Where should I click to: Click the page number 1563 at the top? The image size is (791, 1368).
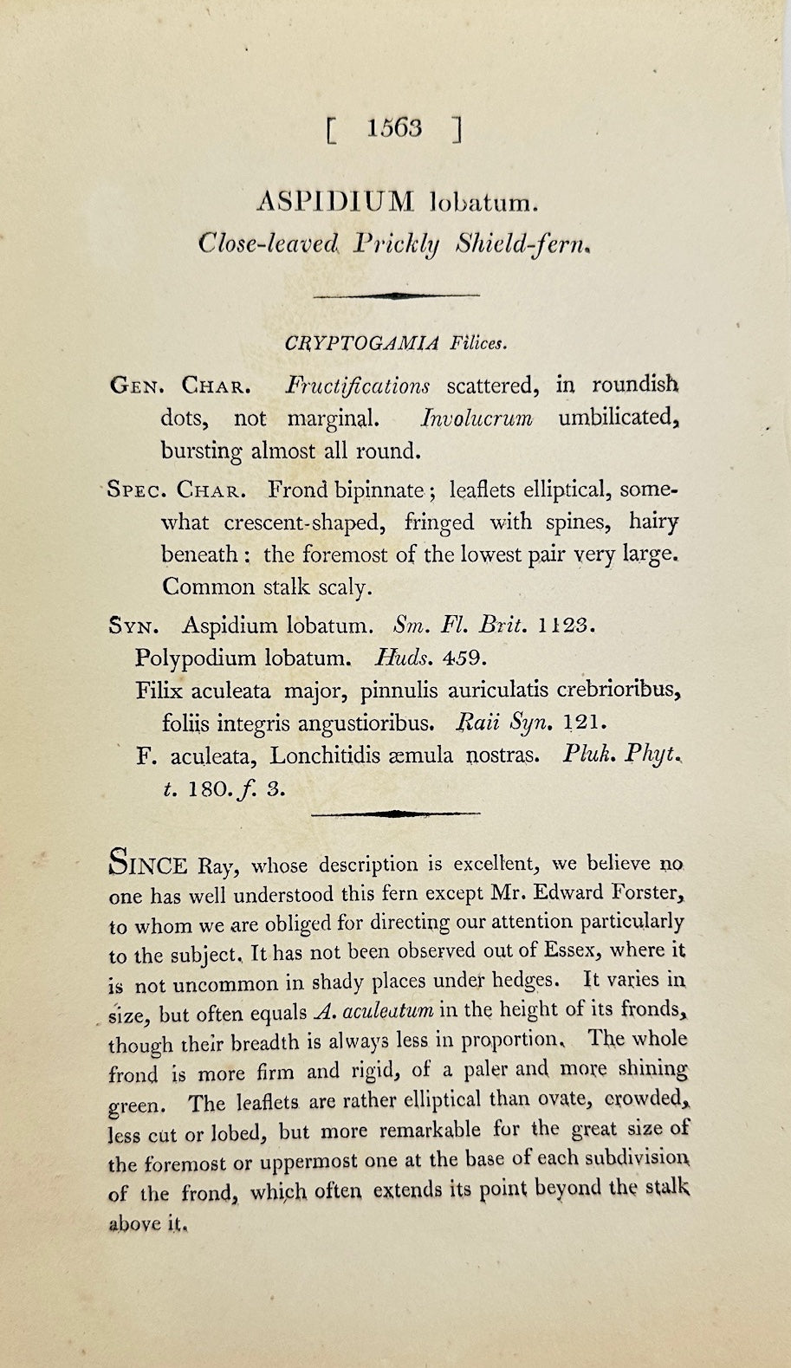(x=394, y=128)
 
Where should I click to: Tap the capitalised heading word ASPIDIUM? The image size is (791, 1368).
(x=336, y=203)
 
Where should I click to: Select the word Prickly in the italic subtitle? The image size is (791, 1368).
(x=397, y=245)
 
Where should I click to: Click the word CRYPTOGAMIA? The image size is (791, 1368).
(x=363, y=342)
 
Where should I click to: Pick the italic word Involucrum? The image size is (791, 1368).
(x=476, y=418)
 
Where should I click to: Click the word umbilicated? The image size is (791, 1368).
(x=616, y=418)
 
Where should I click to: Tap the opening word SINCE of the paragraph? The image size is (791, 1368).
(x=148, y=864)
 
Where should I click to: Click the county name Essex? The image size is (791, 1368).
(x=567, y=950)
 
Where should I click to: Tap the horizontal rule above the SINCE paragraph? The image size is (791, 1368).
(x=395, y=814)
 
